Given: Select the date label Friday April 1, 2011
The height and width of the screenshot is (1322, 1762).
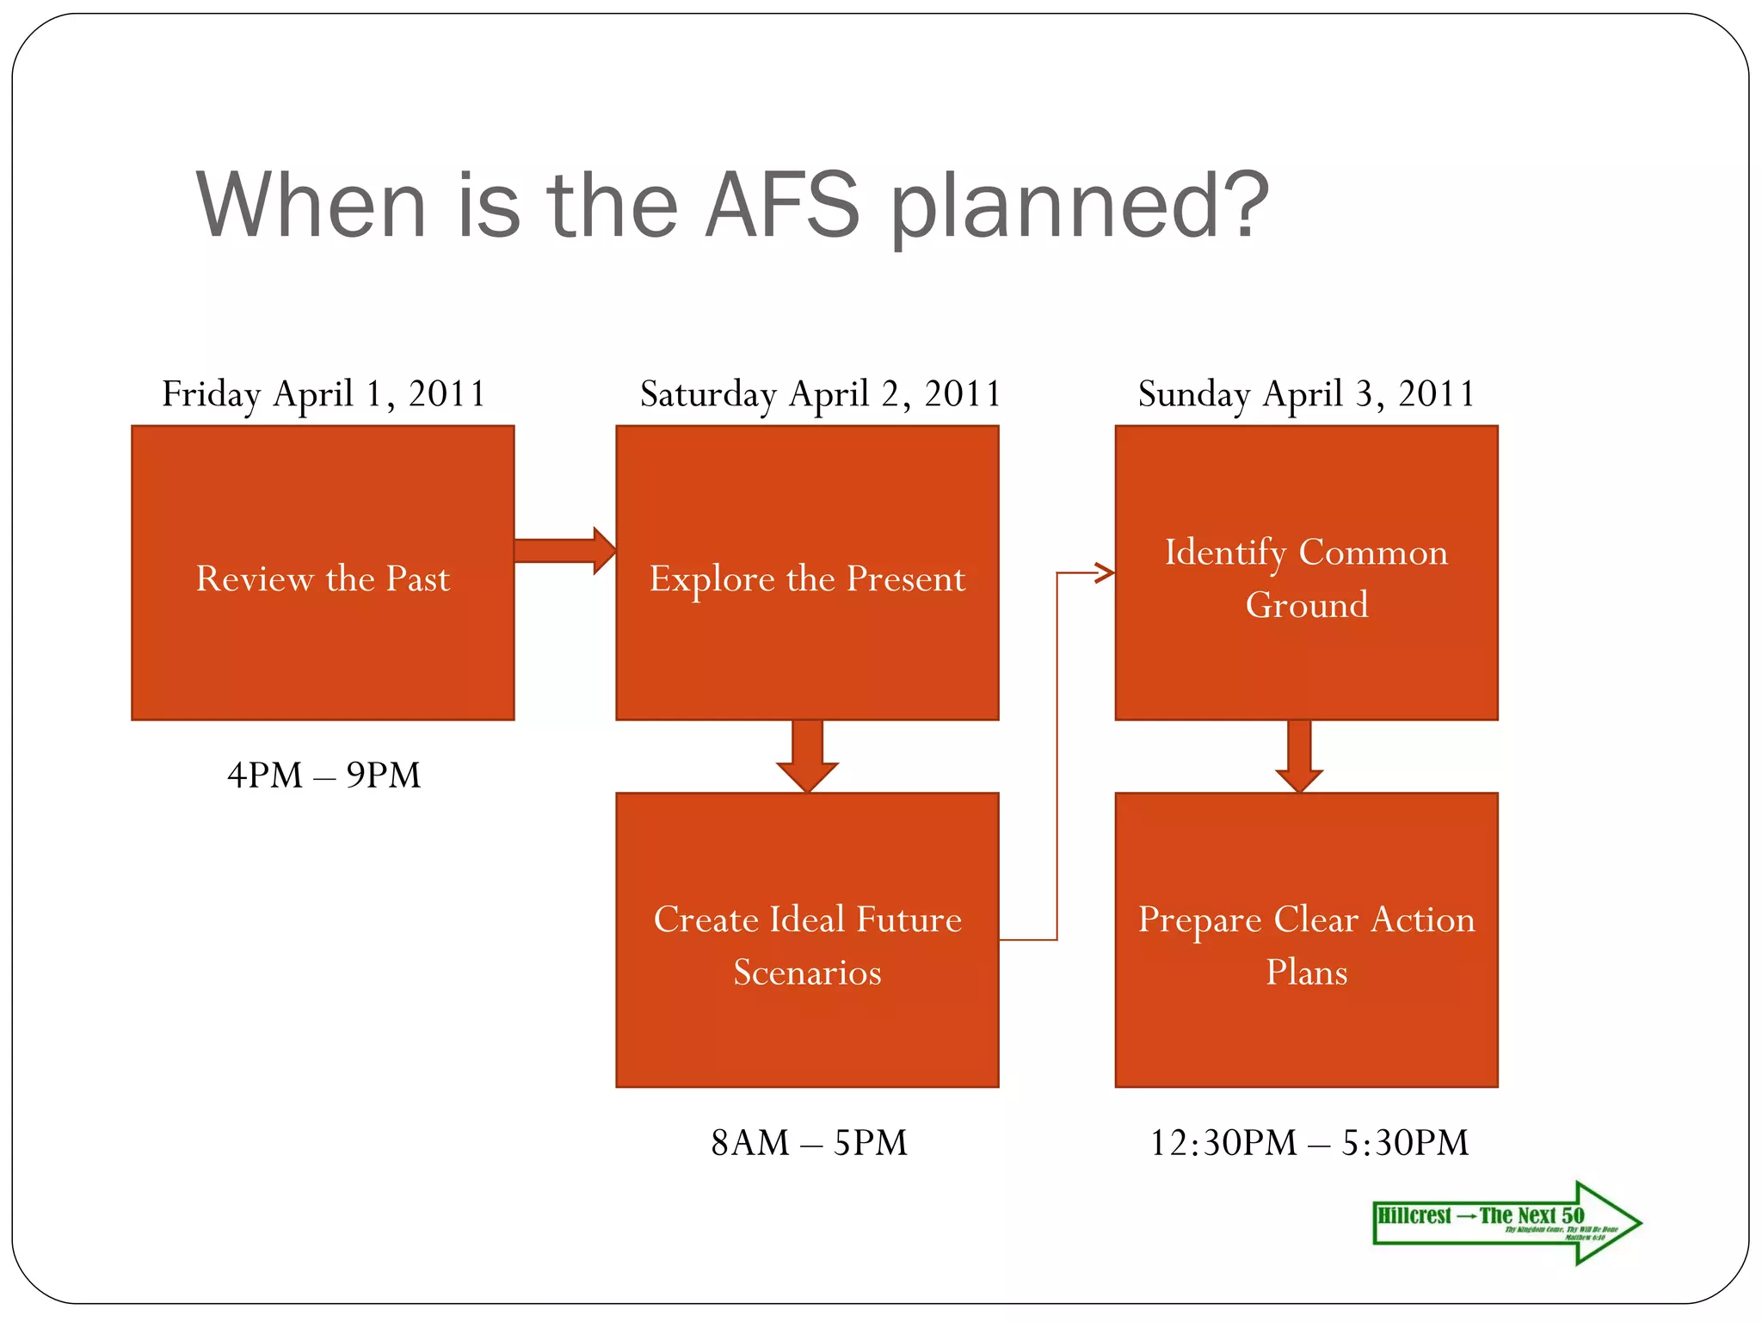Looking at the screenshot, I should [323, 394].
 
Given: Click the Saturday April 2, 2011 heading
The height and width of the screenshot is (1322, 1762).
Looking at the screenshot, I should [820, 394].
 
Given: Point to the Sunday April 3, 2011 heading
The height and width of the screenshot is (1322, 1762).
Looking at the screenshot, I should [1306, 394].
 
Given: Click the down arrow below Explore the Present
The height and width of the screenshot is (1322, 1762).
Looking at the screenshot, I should [807, 756].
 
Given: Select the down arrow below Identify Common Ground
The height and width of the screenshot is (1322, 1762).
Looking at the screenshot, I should [1299, 756].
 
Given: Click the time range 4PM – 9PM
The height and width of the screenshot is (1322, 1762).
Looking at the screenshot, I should [323, 775].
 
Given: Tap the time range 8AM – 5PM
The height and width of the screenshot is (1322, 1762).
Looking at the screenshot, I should [809, 1143].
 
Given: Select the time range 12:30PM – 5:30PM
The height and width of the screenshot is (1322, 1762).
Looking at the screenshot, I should [1309, 1143].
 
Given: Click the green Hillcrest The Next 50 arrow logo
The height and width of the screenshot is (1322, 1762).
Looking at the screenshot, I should [1506, 1223].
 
